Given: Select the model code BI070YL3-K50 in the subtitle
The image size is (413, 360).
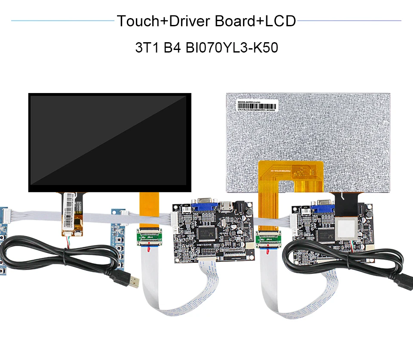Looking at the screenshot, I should coord(232,47).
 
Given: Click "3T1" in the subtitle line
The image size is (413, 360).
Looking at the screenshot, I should coord(147,47).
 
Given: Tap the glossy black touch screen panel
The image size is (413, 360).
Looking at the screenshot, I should coord(109,142).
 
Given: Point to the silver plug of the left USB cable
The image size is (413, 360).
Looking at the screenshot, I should coord(134,281).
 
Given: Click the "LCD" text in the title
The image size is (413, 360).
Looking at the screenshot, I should coord(280,21).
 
